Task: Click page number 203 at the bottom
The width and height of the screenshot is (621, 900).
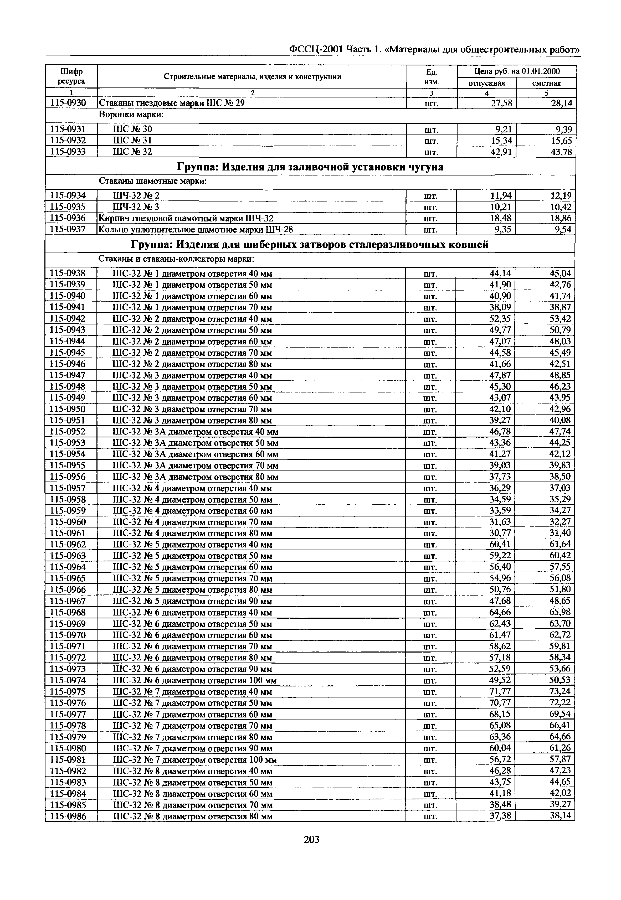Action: pyautogui.click(x=311, y=851)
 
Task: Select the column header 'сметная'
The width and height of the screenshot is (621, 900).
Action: pyautogui.click(x=546, y=83)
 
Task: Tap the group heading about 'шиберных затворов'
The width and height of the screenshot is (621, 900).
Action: pyautogui.click(x=310, y=245)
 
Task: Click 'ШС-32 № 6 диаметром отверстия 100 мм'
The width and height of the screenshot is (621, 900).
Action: pyautogui.click(x=194, y=680)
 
